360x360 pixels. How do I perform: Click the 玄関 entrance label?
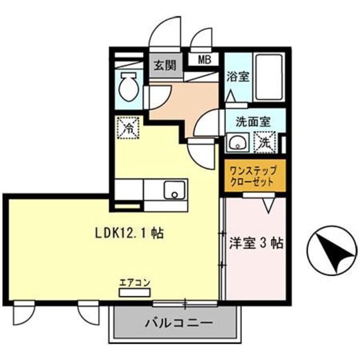point(163,65)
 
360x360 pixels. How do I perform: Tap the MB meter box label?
point(204,59)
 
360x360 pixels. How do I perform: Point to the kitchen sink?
point(175,191)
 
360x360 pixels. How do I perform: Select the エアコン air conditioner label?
point(134,282)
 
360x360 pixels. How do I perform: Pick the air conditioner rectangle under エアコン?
point(134,292)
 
